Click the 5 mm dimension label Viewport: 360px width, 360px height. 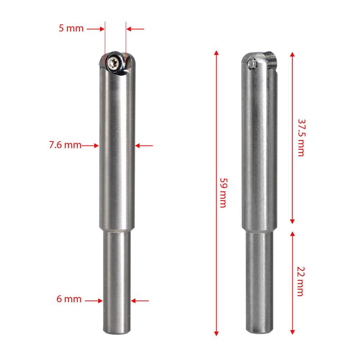[x=71, y=28]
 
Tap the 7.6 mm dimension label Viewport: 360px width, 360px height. [x=65, y=145]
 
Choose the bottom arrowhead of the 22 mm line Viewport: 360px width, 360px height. [x=292, y=332]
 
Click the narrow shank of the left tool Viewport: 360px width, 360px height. [x=116, y=281]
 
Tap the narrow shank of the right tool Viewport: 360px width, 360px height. [x=258, y=281]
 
